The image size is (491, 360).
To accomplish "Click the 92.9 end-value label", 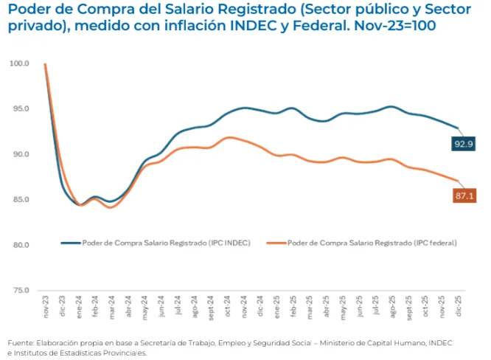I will click(x=463, y=145).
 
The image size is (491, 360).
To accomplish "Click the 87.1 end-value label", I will click(x=463, y=195).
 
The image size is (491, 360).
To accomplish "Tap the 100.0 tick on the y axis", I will click(x=20, y=63).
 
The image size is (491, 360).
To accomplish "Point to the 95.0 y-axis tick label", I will click(x=21, y=109).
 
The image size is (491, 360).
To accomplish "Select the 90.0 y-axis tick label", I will click(x=21, y=154).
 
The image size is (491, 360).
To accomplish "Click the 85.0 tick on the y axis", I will click(x=21, y=200).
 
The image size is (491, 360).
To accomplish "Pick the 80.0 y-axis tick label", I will click(x=21, y=245).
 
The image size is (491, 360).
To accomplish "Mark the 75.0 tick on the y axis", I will click(x=21, y=291).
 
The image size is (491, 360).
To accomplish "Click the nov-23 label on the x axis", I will click(x=46, y=306).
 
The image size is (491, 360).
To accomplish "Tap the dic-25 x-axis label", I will click(x=459, y=306).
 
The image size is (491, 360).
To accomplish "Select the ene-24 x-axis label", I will click(x=79, y=306).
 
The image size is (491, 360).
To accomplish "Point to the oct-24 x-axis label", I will click(x=228, y=306).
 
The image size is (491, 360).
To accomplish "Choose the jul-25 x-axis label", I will click(x=376, y=306).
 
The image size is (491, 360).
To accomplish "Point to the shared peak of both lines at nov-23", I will click(x=46, y=64).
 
